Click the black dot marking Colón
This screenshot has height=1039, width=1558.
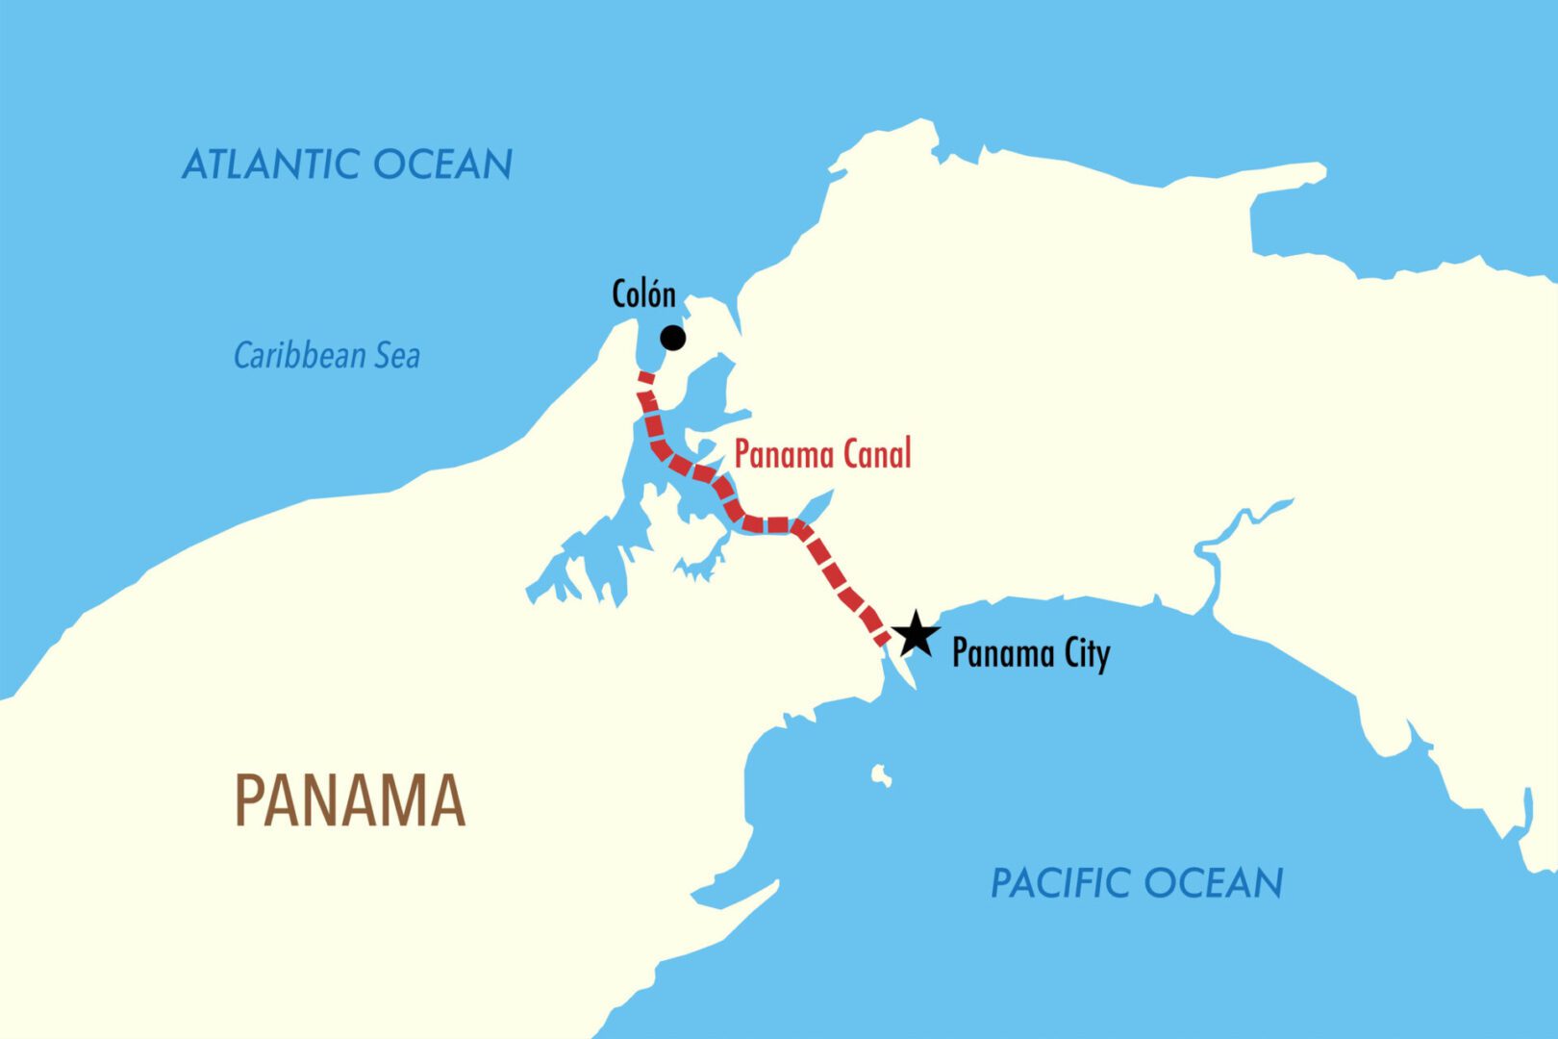(673, 338)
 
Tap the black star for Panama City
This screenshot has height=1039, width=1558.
(915, 635)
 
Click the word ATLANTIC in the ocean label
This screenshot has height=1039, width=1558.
(271, 165)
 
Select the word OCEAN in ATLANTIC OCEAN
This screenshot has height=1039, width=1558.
(442, 165)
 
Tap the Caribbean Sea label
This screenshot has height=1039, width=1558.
(327, 356)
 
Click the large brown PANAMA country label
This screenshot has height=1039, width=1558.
(350, 801)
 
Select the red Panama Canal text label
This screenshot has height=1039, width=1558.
(822, 454)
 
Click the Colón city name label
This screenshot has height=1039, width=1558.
(643, 294)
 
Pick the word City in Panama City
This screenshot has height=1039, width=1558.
(1087, 654)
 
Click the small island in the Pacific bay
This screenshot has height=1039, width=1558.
(880, 775)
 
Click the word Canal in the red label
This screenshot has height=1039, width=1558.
(874, 454)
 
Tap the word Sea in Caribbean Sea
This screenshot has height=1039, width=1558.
(397, 356)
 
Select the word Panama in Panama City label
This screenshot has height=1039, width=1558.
(1003, 654)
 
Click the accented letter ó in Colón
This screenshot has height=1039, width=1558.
(653, 294)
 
